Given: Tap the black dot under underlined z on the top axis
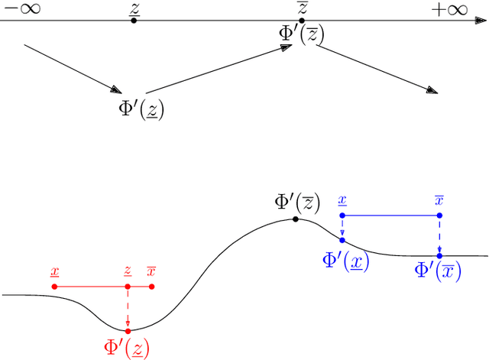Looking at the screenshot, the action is (x=134, y=20).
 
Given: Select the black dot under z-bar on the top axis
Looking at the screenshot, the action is (x=302, y=20).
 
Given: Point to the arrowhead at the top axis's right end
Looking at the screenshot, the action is (x=481, y=20).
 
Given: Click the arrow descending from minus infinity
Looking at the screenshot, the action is (x=73, y=69).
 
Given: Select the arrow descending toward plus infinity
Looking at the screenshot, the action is (x=377, y=70).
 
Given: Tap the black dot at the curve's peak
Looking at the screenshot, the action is (x=296, y=219).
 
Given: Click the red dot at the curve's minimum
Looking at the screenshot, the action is (x=128, y=331).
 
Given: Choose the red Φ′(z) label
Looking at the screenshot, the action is (x=126, y=348).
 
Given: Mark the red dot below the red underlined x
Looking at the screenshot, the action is (x=54, y=287).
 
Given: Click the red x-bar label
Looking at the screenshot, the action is (x=151, y=271).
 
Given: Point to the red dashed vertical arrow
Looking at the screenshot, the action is (x=128, y=309).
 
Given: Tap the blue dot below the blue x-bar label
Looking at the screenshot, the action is (x=439, y=216).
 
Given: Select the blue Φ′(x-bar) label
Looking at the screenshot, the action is (x=438, y=271).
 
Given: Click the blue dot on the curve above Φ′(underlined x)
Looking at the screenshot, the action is (x=342, y=239).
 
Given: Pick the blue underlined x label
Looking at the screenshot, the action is (x=342, y=200).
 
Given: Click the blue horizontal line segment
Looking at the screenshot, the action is (x=390, y=216).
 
